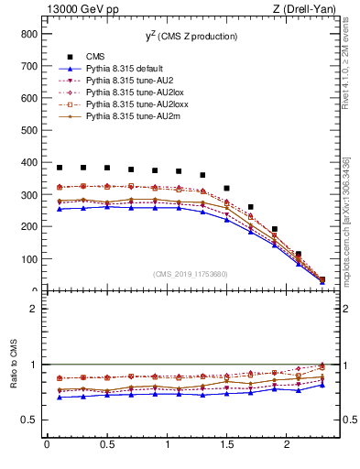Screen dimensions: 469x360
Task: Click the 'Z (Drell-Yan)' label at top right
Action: click(309, 9)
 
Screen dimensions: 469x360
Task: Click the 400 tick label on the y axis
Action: click(27, 162)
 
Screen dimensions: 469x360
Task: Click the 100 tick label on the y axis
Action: click(27, 259)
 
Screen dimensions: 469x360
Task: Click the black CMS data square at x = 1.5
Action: click(227, 188)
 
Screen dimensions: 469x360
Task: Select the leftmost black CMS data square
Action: click(60, 168)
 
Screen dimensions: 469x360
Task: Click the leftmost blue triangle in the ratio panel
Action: click(60, 397)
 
